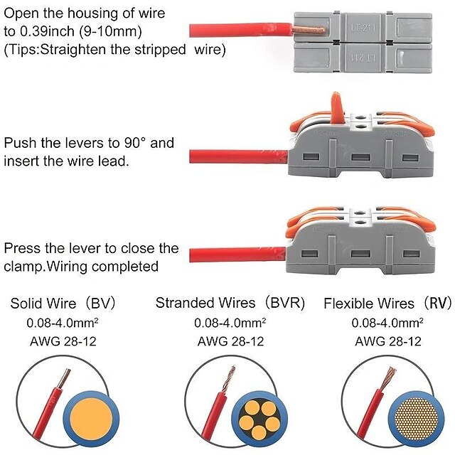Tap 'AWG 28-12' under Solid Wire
[63, 341]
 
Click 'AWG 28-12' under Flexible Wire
[387, 341]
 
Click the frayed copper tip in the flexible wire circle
[390, 378]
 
